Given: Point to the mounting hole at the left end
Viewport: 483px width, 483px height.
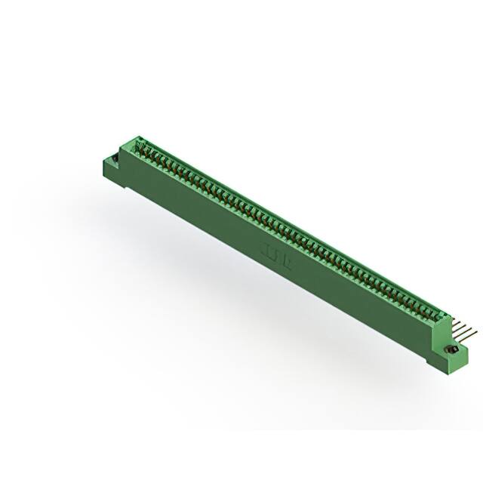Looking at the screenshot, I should pyautogui.click(x=111, y=160).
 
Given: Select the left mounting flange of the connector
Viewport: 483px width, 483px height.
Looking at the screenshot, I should pyautogui.click(x=109, y=165).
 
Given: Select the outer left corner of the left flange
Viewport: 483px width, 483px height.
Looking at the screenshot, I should pyautogui.click(x=101, y=161).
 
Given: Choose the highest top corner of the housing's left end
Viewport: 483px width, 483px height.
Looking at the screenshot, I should pyautogui.click(x=138, y=137).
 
